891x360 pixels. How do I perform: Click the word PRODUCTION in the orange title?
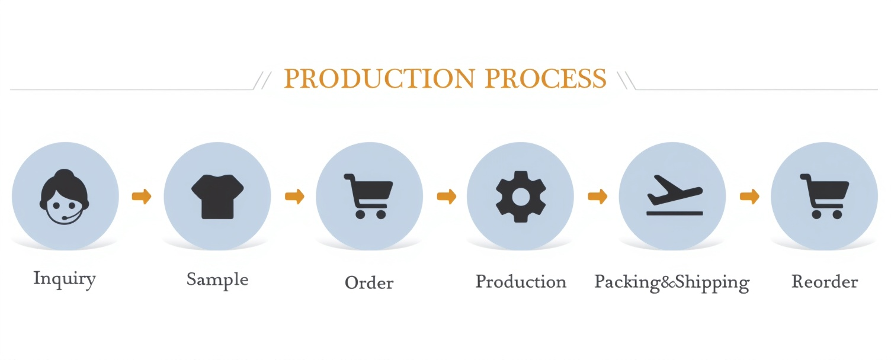379,78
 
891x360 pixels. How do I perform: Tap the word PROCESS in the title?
546,78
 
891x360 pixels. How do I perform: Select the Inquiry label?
65,279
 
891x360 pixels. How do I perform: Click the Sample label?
217,281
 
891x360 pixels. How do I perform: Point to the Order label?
369,283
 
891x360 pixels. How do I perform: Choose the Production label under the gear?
521,282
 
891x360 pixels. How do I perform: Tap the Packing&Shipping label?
672,283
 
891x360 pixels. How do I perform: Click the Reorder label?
825,281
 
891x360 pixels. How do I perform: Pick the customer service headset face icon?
65,197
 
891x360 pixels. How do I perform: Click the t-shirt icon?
217,197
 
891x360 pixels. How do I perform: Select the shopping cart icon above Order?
368,197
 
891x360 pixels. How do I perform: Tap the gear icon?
521,197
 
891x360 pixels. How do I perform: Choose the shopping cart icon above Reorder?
825,197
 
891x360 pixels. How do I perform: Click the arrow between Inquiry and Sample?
142,197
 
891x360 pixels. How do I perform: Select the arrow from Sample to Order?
294,197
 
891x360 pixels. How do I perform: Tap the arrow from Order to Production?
446,197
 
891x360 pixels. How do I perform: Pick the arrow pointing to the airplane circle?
597,197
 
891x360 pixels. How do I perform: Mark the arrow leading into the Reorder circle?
749,197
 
